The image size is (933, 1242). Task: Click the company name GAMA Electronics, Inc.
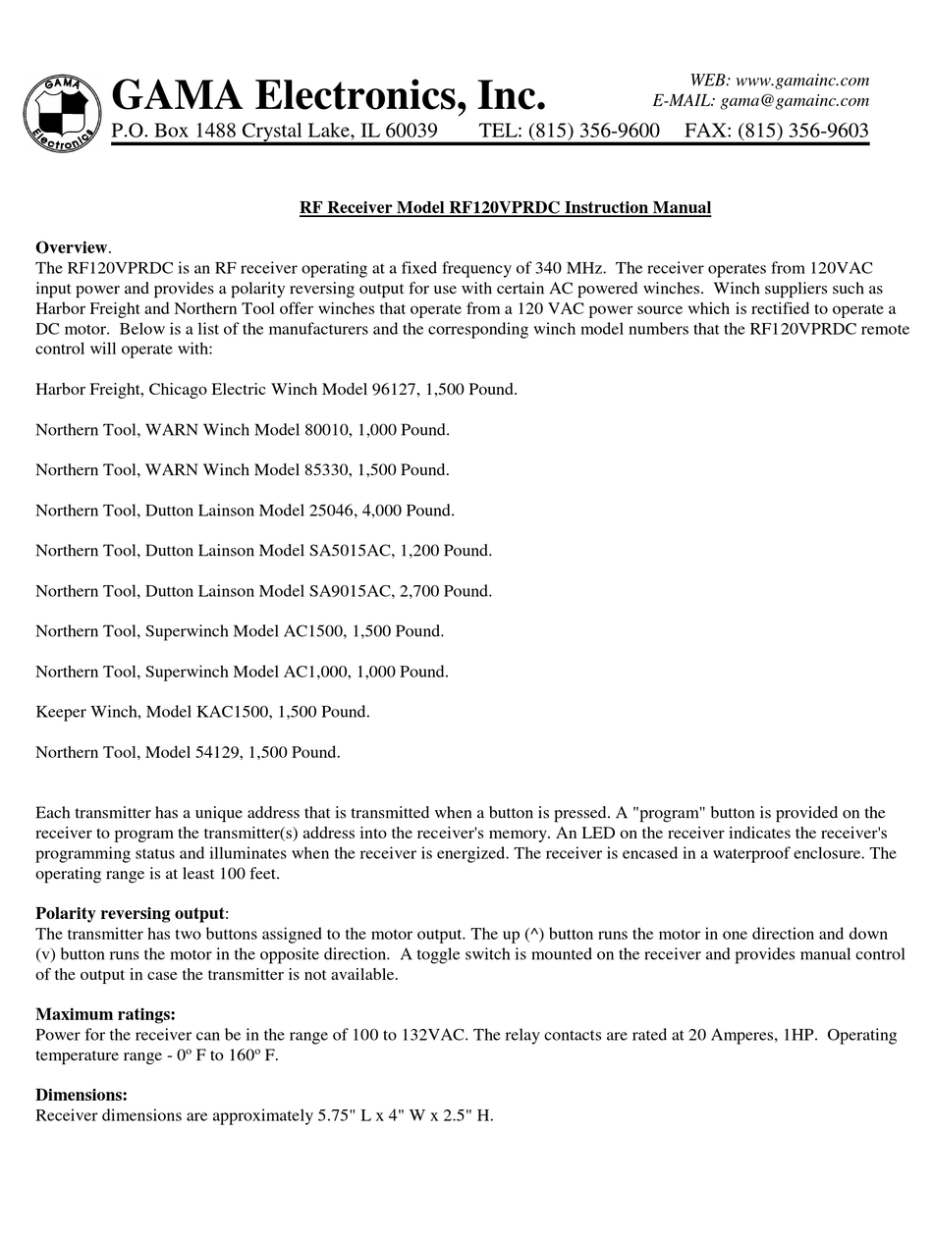328,95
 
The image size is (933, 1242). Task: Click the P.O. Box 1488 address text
274,131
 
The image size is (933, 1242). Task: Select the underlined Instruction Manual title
505,207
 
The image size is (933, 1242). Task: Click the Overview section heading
73,246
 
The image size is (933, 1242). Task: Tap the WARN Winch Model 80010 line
242,429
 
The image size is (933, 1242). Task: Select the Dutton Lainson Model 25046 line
245,510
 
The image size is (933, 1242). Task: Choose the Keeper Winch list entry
202,711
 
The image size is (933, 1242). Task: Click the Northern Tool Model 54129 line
188,752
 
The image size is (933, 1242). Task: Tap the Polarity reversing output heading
130,913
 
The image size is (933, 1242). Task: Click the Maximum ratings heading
105,1013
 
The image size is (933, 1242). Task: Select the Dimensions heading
81,1094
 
